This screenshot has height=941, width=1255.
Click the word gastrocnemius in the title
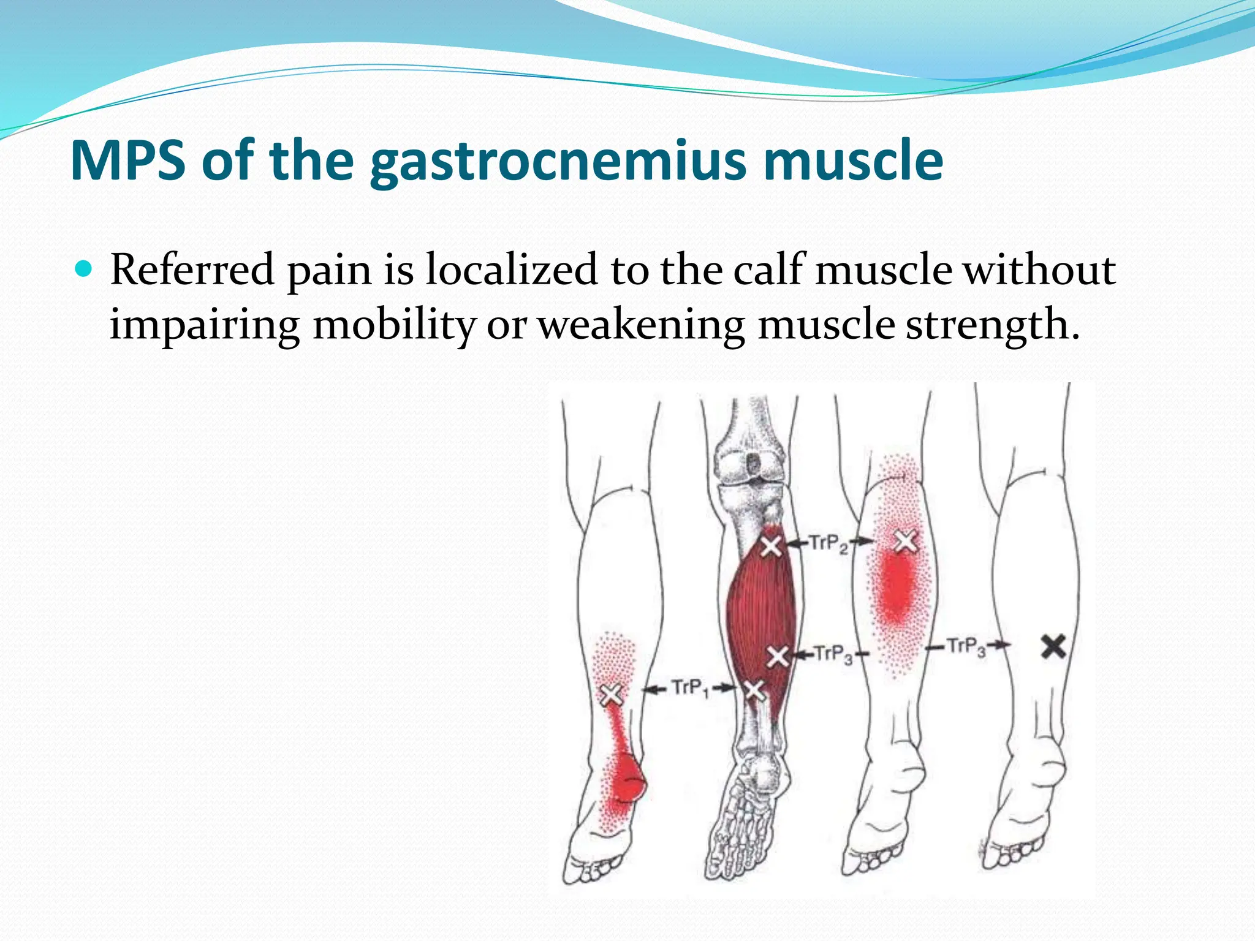point(558,161)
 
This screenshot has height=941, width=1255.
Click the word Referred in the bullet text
point(192,270)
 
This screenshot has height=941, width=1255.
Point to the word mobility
point(394,325)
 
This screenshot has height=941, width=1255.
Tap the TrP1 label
point(690,688)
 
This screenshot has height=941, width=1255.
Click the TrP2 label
point(828,543)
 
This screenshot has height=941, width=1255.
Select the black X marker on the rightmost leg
point(1053,647)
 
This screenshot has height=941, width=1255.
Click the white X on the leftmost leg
point(611,695)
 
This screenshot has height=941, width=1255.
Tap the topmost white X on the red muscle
point(771,545)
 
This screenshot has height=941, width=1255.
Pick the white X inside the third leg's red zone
point(906,542)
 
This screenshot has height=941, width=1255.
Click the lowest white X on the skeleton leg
point(754,690)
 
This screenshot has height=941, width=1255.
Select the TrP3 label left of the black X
point(966,646)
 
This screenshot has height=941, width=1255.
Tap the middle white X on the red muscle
point(778,656)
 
